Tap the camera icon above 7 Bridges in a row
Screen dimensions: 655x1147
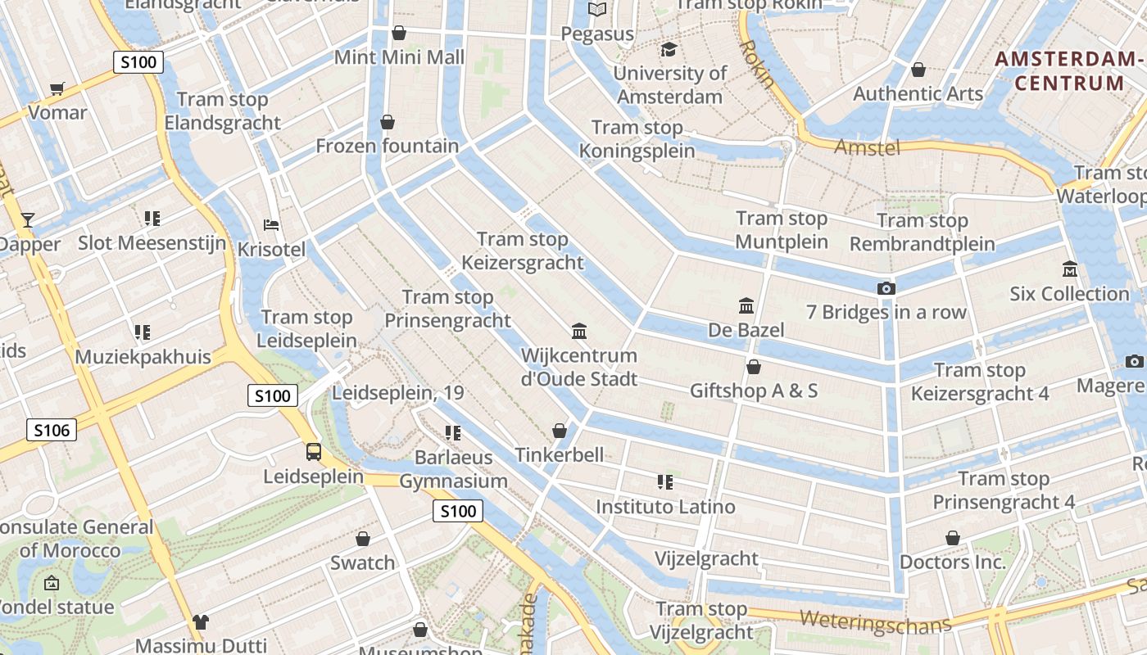click(886, 288)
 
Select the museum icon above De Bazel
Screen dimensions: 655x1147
click(746, 306)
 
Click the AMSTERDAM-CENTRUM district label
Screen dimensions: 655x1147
click(1069, 71)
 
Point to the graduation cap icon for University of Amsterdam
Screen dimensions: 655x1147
click(669, 50)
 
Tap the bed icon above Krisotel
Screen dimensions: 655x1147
click(271, 225)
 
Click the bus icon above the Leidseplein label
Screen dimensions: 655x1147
click(313, 452)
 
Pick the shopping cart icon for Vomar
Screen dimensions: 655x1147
click(57, 88)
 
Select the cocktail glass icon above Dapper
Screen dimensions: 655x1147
click(28, 219)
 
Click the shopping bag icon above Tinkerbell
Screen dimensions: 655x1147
click(560, 431)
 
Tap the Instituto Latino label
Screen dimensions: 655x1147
click(665, 507)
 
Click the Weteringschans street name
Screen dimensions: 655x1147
click(876, 621)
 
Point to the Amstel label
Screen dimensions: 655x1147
click(867, 147)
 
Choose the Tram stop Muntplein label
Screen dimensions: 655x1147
click(782, 230)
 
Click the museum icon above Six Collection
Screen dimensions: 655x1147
click(1069, 269)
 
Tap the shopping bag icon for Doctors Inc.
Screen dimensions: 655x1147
click(952, 538)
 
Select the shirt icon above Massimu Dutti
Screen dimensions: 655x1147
click(201, 623)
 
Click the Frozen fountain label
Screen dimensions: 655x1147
click(388, 146)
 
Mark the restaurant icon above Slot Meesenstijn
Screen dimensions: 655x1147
click(152, 219)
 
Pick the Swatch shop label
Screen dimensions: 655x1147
click(362, 562)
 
